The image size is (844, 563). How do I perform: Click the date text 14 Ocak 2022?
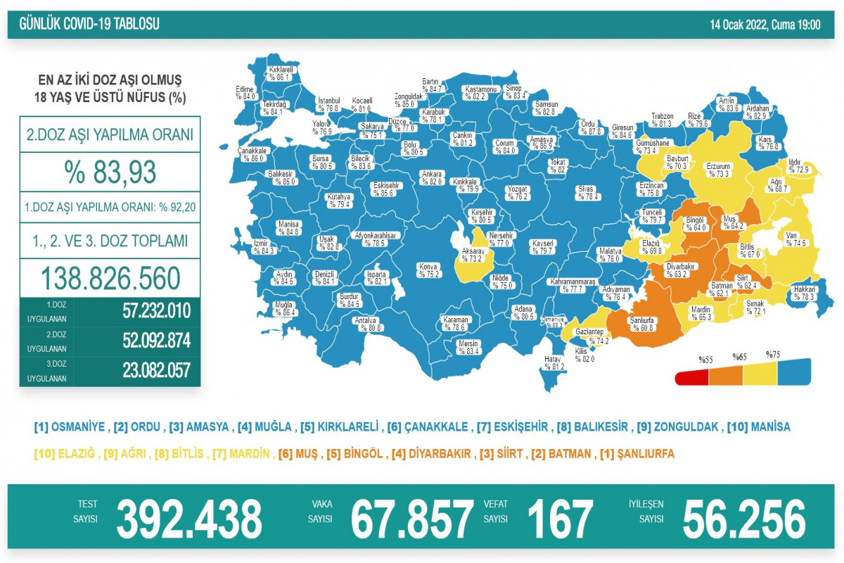pos(738,25)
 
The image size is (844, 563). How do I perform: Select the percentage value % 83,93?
pos(109,171)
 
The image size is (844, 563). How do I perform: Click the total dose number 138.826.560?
pos(109,279)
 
